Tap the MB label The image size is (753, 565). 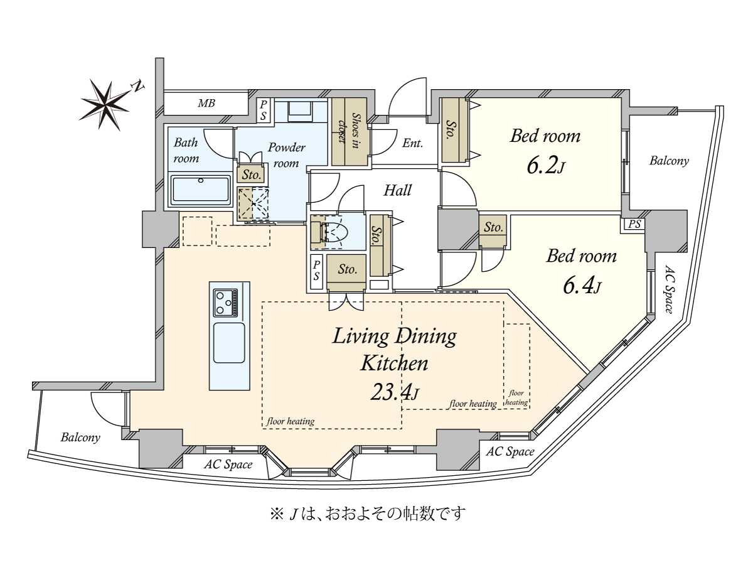[206, 103]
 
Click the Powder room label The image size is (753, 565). [286, 155]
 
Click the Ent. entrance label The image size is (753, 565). [412, 143]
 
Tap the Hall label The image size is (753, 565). [397, 190]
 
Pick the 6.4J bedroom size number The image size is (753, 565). [581, 286]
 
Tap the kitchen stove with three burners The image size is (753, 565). [226, 303]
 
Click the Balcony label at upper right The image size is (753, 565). [669, 161]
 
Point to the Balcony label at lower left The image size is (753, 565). [80, 438]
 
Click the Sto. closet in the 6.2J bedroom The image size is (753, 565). [451, 130]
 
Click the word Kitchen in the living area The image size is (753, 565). [394, 363]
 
